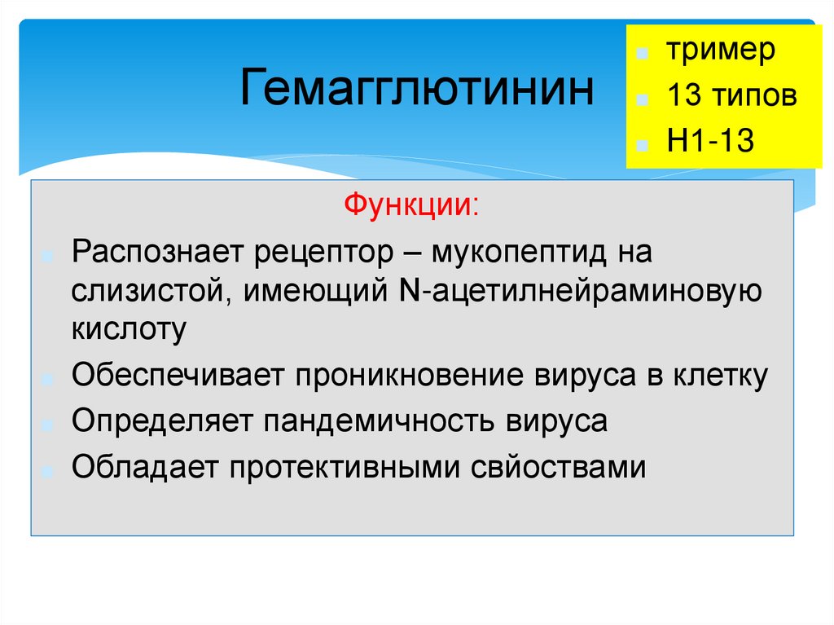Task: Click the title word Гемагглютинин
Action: click(x=416, y=88)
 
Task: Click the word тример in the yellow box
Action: click(x=721, y=51)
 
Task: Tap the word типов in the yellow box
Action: click(x=754, y=96)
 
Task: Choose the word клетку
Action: click(x=721, y=376)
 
